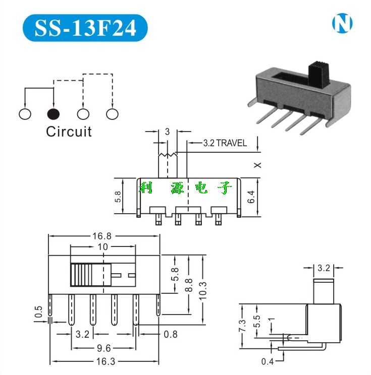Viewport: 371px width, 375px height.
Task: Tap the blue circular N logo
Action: [x=342, y=23]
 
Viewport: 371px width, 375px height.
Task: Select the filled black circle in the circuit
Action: [x=54, y=114]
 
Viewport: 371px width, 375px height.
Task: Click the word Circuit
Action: [x=69, y=132]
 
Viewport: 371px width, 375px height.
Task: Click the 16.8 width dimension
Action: [x=103, y=235]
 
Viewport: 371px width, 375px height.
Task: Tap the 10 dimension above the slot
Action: [x=103, y=247]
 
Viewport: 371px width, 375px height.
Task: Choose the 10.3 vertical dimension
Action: [x=202, y=291]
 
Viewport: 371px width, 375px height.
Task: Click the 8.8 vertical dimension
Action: [x=189, y=285]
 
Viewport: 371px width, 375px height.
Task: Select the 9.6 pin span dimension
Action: [x=103, y=347]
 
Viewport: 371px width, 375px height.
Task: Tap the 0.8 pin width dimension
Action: [x=170, y=333]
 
